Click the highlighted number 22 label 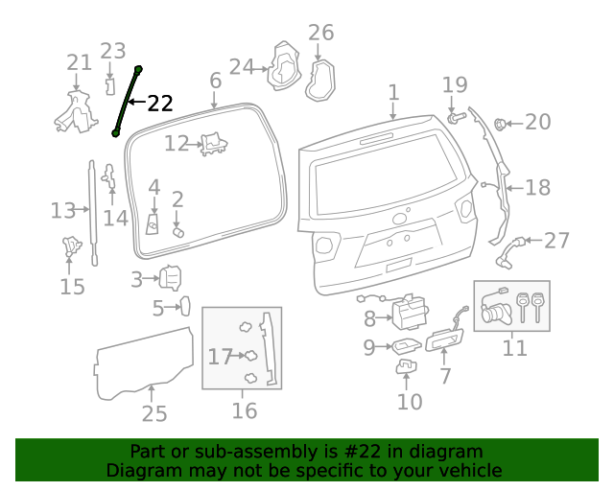(160, 104)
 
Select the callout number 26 (320, 33)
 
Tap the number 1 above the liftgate (393, 92)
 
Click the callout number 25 (153, 413)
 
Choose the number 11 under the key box (515, 347)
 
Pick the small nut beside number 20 (500, 123)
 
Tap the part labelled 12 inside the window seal (213, 144)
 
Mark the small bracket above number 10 (407, 365)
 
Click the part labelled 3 (170, 278)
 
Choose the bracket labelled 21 (75, 110)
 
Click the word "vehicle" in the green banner (470, 471)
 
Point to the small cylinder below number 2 (177, 232)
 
